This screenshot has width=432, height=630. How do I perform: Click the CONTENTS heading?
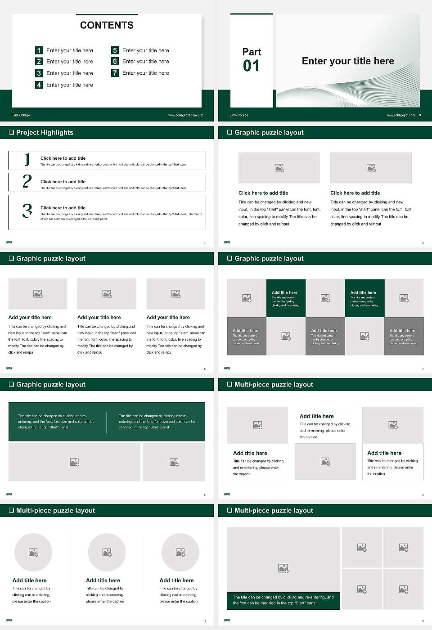[x=107, y=25]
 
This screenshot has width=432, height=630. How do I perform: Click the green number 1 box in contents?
[x=39, y=50]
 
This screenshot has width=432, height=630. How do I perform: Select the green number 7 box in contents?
[x=115, y=73]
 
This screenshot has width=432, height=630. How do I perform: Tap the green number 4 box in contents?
[x=39, y=85]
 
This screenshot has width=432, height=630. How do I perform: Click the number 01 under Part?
[x=251, y=66]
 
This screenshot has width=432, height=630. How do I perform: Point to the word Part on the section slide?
[x=252, y=52]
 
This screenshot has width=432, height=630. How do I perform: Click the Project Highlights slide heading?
[x=45, y=132]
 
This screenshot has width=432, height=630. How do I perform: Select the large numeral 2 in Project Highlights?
[x=27, y=181]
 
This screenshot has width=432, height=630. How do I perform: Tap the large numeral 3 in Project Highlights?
[x=27, y=211]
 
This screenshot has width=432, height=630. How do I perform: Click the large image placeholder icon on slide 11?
[x=283, y=569]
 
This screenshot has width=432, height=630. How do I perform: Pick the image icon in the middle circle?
[x=107, y=552]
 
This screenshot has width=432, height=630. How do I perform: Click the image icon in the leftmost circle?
[x=33, y=552]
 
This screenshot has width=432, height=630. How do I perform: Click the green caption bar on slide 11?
[x=283, y=600]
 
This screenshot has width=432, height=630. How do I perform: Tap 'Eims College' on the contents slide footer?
[x=21, y=115]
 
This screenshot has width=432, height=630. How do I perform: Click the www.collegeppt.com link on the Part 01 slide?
[x=400, y=115]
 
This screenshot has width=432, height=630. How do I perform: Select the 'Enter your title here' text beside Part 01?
[x=348, y=61]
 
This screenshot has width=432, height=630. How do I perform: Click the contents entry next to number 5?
[x=145, y=50]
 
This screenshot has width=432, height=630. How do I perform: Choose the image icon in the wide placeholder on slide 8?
[x=75, y=462]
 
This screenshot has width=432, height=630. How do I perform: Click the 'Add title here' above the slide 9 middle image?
[x=316, y=416]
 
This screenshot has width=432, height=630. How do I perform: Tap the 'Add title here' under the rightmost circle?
[x=176, y=580]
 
